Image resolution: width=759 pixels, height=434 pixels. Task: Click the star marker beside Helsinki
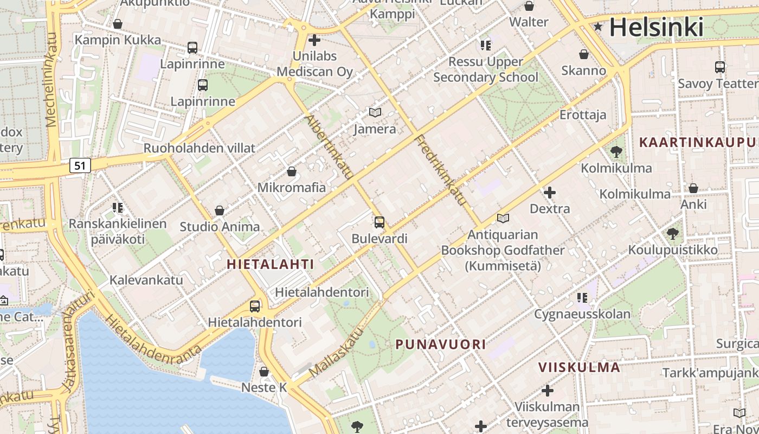pyautogui.click(x=598, y=27)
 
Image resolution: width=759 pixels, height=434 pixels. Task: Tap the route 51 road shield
pyautogui.click(x=80, y=165)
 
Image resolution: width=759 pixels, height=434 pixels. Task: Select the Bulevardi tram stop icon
pyautogui.click(x=379, y=222)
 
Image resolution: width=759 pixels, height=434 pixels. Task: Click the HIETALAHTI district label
pyautogui.click(x=271, y=264)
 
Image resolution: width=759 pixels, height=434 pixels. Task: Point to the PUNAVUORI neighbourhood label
pyautogui.click(x=440, y=344)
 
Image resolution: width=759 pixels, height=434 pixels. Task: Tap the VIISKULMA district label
pyautogui.click(x=579, y=367)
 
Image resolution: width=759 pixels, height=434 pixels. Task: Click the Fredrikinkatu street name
pyautogui.click(x=440, y=170)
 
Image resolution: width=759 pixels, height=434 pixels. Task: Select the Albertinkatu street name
pyautogui.click(x=329, y=146)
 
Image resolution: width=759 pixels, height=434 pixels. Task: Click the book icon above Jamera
pyautogui.click(x=375, y=113)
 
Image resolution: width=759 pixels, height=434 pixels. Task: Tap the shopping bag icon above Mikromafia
pyautogui.click(x=292, y=172)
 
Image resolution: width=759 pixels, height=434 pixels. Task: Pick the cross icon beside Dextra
pyautogui.click(x=550, y=193)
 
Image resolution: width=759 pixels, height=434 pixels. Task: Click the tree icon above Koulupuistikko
pyautogui.click(x=672, y=234)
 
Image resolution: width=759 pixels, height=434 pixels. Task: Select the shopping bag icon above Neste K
pyautogui.click(x=264, y=372)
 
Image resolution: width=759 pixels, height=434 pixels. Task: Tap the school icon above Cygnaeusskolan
pyautogui.click(x=582, y=297)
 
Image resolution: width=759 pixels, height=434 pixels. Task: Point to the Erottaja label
pyautogui.click(x=583, y=115)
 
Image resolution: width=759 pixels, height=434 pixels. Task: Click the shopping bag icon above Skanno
pyautogui.click(x=584, y=55)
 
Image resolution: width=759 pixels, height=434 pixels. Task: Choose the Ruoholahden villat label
pyautogui.click(x=199, y=148)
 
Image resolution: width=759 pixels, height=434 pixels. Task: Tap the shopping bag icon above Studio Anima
pyautogui.click(x=220, y=210)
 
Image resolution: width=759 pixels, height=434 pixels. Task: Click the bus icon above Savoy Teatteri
pyautogui.click(x=719, y=67)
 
